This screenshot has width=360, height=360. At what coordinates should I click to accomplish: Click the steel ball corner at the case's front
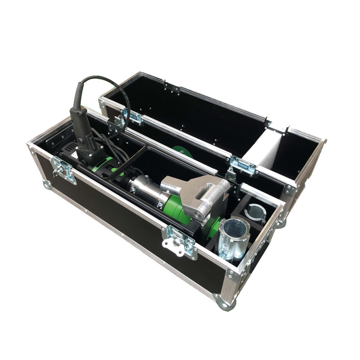coord(224,303)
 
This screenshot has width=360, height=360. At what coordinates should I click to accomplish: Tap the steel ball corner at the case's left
coord(47,184)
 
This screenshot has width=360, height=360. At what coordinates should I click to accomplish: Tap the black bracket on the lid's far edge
coord(172,87)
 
